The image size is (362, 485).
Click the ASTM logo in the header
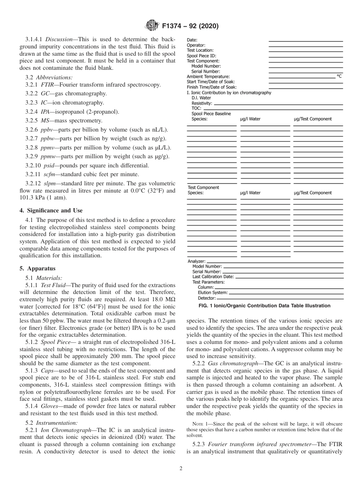point(152,26)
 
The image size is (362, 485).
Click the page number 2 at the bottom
point(181,469)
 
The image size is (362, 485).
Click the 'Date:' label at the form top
point(192,40)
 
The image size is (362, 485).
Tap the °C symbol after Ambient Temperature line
point(339,76)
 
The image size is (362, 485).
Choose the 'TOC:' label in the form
point(196,108)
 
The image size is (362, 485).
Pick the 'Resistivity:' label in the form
point(202,103)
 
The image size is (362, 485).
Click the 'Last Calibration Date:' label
point(213,277)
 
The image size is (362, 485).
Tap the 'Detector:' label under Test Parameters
point(207,298)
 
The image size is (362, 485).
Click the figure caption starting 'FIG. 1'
point(258,306)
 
